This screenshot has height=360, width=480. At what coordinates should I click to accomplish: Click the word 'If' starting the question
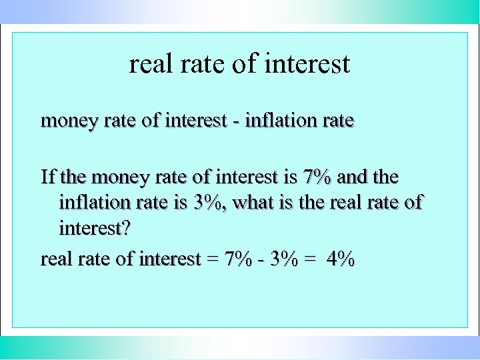47,177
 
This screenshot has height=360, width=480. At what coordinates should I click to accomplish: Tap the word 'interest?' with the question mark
95,229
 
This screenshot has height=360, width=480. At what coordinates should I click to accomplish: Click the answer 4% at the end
341,259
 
